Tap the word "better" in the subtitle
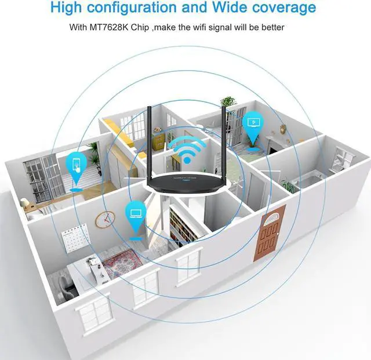tap(271, 27)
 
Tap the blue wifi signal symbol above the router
tap(187, 150)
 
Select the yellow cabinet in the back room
tap(158, 139)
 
